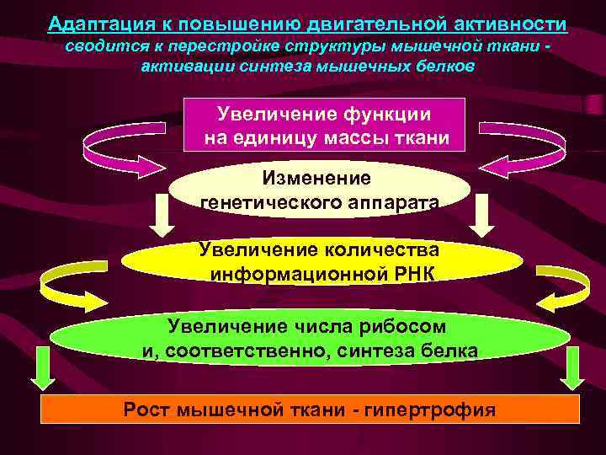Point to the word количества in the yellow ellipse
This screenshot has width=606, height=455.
point(379,249)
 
